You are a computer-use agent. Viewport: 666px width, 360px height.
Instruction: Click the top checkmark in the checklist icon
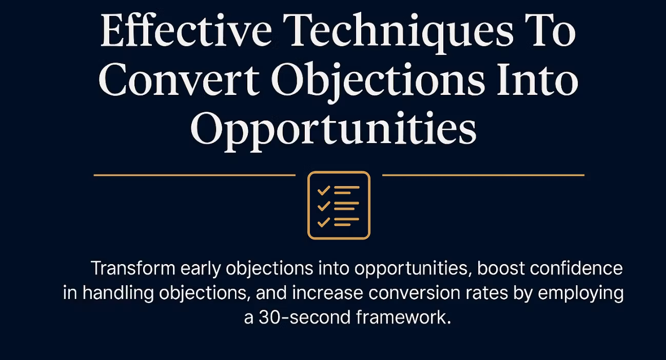click(x=323, y=191)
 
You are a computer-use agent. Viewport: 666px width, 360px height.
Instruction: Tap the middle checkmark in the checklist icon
click(x=323, y=207)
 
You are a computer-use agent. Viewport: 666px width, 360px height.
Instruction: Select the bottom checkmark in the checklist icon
click(x=323, y=223)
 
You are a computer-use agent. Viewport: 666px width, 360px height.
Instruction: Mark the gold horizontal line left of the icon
click(x=194, y=175)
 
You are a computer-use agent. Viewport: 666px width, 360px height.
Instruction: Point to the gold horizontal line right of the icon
click(x=483, y=175)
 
